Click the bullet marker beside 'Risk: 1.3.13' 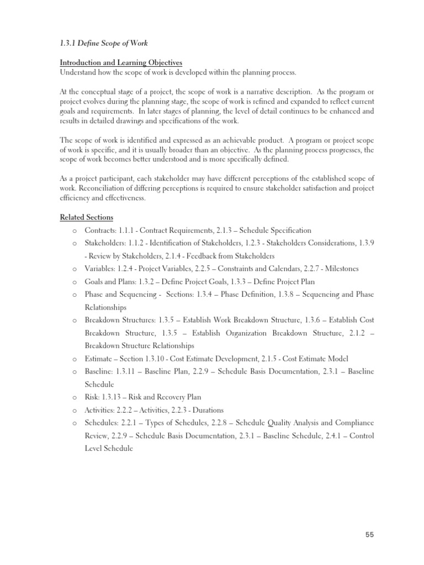click(73, 397)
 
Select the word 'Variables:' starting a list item click(99, 269)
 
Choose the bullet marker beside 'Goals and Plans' click(73, 282)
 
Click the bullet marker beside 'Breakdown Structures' click(73, 321)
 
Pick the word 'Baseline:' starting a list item click(99, 371)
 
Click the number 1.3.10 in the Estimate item click(168, 359)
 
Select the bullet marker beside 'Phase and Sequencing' click(73, 295)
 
